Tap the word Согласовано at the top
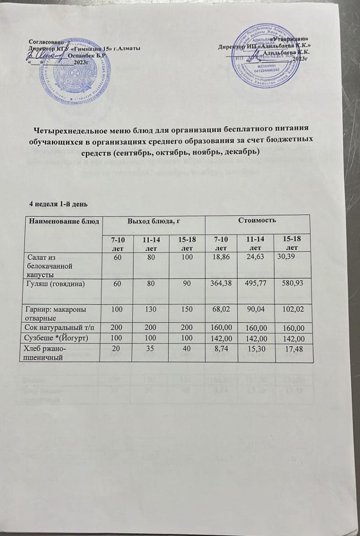pos(46,41)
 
